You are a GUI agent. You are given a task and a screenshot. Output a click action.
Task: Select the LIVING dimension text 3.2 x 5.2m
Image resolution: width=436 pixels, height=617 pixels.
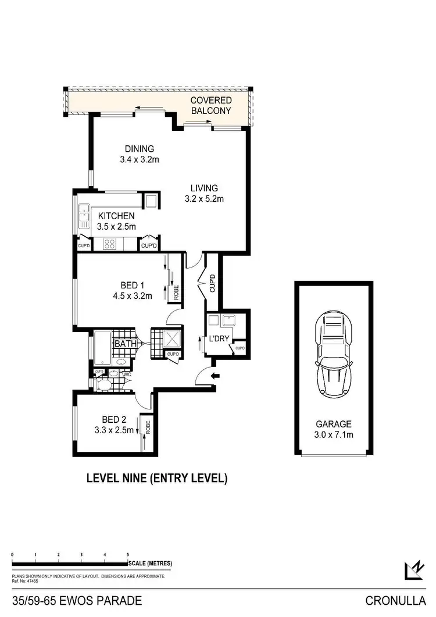[204, 199]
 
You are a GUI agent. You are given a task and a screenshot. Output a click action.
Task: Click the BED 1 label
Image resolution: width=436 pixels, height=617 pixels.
[132, 285]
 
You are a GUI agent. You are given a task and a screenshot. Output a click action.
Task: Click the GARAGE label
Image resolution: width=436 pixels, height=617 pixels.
[334, 425]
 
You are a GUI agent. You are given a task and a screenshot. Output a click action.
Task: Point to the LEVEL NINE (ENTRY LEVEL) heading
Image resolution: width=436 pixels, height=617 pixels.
[156, 479]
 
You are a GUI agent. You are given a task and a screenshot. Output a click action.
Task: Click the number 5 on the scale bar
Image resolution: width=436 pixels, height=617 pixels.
[127, 555]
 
